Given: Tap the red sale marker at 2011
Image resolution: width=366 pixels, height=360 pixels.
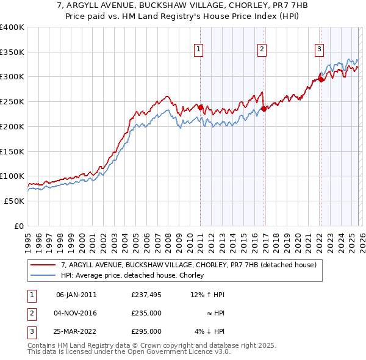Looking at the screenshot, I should [200, 107].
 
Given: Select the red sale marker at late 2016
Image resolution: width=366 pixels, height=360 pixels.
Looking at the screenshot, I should [264, 109].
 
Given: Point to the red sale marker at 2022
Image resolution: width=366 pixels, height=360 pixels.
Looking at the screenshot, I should [321, 79].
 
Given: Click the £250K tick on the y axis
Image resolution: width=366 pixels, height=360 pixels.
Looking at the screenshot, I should [12, 101].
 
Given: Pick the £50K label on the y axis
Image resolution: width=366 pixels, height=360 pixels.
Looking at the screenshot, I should [13, 201].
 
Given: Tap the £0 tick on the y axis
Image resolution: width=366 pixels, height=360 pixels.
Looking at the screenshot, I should [18, 226].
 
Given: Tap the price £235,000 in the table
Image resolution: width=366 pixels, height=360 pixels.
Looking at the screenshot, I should [146, 313].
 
